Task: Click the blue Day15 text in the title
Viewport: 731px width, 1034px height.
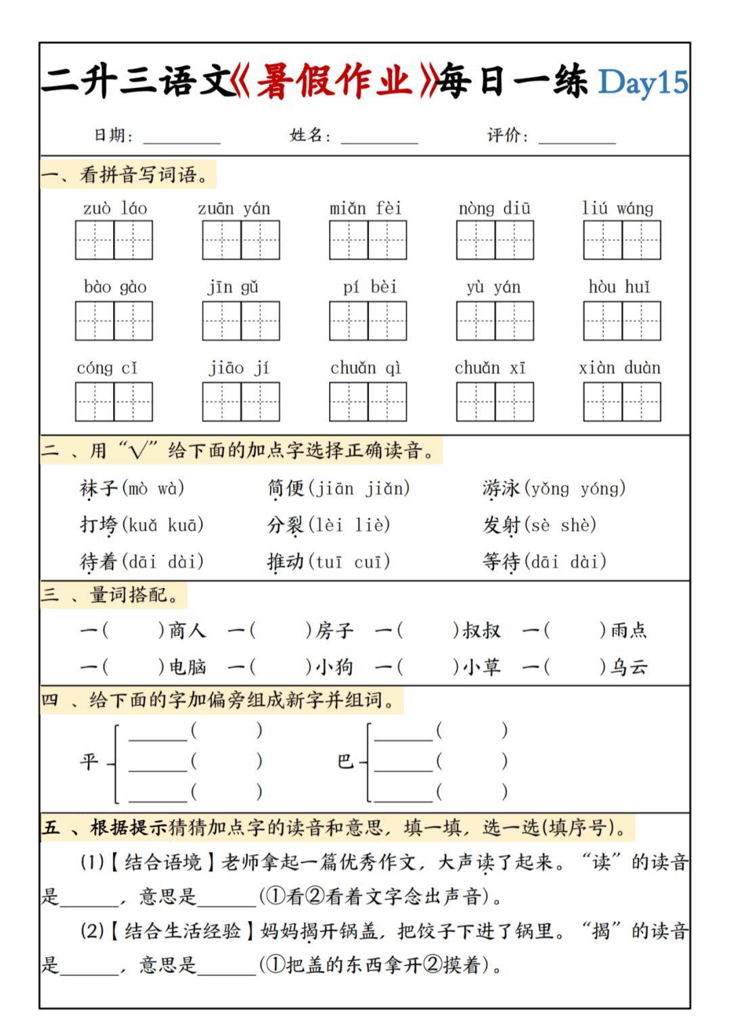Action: (642, 83)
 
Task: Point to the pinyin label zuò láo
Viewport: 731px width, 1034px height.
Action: (114, 209)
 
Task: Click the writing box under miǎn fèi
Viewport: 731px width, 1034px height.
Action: (368, 240)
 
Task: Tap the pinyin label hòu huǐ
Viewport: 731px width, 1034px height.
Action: (619, 287)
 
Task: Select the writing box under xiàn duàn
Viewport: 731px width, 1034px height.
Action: (621, 402)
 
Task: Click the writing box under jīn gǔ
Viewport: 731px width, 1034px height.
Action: (241, 320)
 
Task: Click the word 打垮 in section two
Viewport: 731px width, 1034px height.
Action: (99, 525)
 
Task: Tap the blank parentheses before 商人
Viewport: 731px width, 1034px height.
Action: (133, 631)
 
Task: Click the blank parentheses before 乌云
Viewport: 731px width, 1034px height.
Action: (575, 668)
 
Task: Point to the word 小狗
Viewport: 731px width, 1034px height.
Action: (334, 668)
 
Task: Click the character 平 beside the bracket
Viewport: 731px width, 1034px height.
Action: (89, 762)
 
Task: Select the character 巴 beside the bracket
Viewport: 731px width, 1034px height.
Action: (345, 762)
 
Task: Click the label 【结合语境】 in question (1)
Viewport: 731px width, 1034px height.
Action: (162, 863)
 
